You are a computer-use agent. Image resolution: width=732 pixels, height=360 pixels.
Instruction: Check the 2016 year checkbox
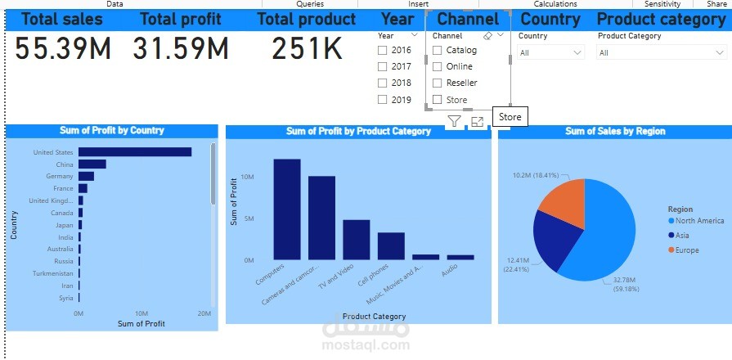point(382,51)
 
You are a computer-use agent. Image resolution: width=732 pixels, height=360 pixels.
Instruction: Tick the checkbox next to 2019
point(382,100)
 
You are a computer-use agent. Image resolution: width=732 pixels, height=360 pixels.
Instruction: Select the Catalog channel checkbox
point(438,51)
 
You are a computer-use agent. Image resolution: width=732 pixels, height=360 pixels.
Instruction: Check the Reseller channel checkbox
point(438,83)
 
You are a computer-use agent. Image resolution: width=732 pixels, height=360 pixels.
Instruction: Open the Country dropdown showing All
point(551,52)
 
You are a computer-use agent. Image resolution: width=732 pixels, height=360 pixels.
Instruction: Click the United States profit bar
point(135,152)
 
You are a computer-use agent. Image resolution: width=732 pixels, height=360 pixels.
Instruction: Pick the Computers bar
point(287,209)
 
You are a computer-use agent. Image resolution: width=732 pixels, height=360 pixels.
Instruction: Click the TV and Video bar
point(357,240)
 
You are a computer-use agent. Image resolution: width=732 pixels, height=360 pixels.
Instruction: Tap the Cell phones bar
point(391,246)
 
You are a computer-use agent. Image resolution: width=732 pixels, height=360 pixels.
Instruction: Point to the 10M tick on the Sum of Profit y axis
point(249,177)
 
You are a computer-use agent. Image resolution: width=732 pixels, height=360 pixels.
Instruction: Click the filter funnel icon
point(455,122)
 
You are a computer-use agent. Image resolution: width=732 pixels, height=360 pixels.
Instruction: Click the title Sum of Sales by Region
point(615,131)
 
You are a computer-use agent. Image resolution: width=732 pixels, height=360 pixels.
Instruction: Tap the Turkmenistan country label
point(53,273)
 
